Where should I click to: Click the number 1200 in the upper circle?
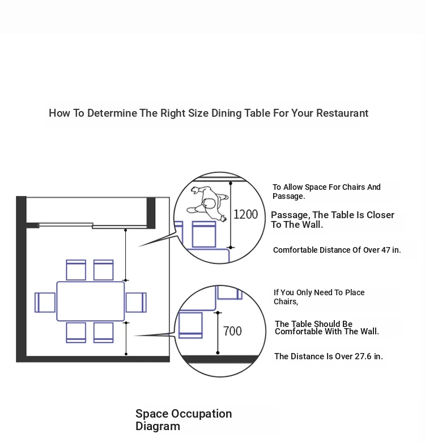pyautogui.click(x=245, y=215)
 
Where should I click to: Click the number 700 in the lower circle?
pyautogui.click(x=232, y=331)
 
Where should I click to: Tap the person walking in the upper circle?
pyautogui.click(x=208, y=203)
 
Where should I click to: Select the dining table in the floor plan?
pyautogui.click(x=91, y=301)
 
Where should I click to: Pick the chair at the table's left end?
pyautogui.click(x=45, y=303)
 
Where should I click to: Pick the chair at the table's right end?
pyautogui.click(x=136, y=303)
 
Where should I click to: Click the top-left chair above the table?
pyautogui.click(x=76, y=270)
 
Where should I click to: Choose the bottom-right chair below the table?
pyautogui.click(x=104, y=333)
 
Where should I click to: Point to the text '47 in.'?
pyautogui.click(x=391, y=250)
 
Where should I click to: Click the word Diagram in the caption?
pyautogui.click(x=158, y=426)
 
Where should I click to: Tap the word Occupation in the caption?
pyautogui.click(x=202, y=414)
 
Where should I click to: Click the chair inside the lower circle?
pyautogui.click(x=190, y=325)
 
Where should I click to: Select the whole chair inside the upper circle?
pyautogui.click(x=204, y=235)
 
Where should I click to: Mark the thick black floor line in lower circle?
pyautogui.click(x=220, y=359)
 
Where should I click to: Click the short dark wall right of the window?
pyautogui.click(x=151, y=213)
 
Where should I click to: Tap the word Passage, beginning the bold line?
pyautogui.click(x=290, y=215)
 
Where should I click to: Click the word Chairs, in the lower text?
pyautogui.click(x=286, y=301)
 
